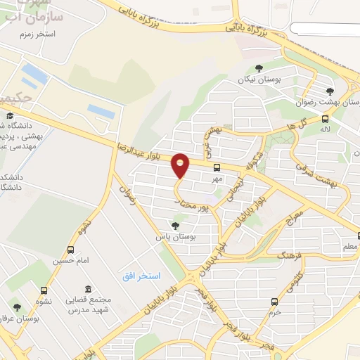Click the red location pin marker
click(x=181, y=165)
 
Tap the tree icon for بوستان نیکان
click(x=259, y=68)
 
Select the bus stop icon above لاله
click(x=324, y=119)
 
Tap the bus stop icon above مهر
click(x=217, y=167)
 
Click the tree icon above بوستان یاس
click(x=175, y=225)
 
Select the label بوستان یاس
click(x=175, y=238)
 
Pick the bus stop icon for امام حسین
click(x=70, y=250)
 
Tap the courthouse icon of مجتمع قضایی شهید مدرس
click(x=87, y=290)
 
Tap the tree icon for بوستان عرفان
click(x=17, y=307)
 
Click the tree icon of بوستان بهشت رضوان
click(x=330, y=91)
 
